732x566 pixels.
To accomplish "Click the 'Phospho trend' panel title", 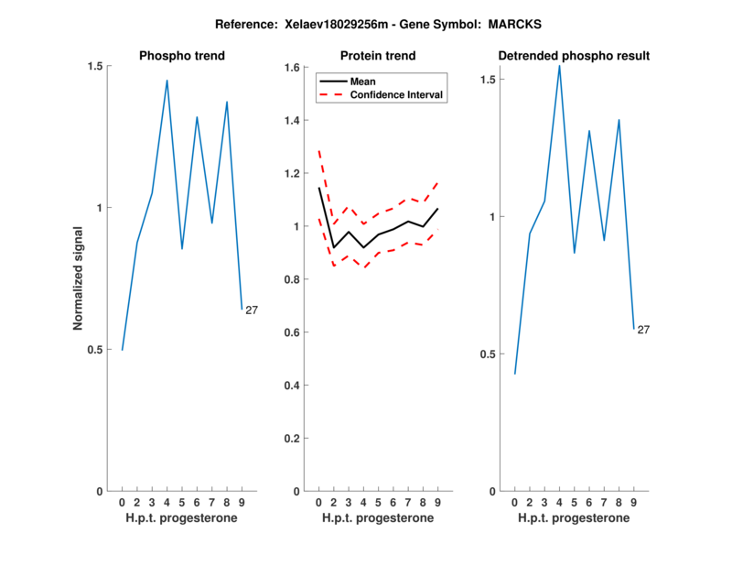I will point(181,56).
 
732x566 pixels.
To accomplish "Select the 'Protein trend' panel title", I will point(378,56).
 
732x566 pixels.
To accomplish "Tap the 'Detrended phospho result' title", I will point(574,56).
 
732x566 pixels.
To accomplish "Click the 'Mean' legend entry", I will point(362,82).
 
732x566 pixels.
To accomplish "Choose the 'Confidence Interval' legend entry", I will point(396,94).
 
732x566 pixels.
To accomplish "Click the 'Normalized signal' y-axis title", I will point(79,278).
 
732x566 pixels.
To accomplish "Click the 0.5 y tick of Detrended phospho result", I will point(491,354).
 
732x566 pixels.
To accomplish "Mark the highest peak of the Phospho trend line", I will point(167,81).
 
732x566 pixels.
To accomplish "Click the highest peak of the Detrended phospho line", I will point(559,65).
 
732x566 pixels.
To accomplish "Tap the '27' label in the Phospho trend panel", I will point(252,310).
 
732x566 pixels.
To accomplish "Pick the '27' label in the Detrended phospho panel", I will point(643,330).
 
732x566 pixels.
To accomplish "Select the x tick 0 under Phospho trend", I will point(122,503).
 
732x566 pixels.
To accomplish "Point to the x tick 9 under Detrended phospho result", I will point(634,503).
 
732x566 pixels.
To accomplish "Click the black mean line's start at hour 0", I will point(318,188).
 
